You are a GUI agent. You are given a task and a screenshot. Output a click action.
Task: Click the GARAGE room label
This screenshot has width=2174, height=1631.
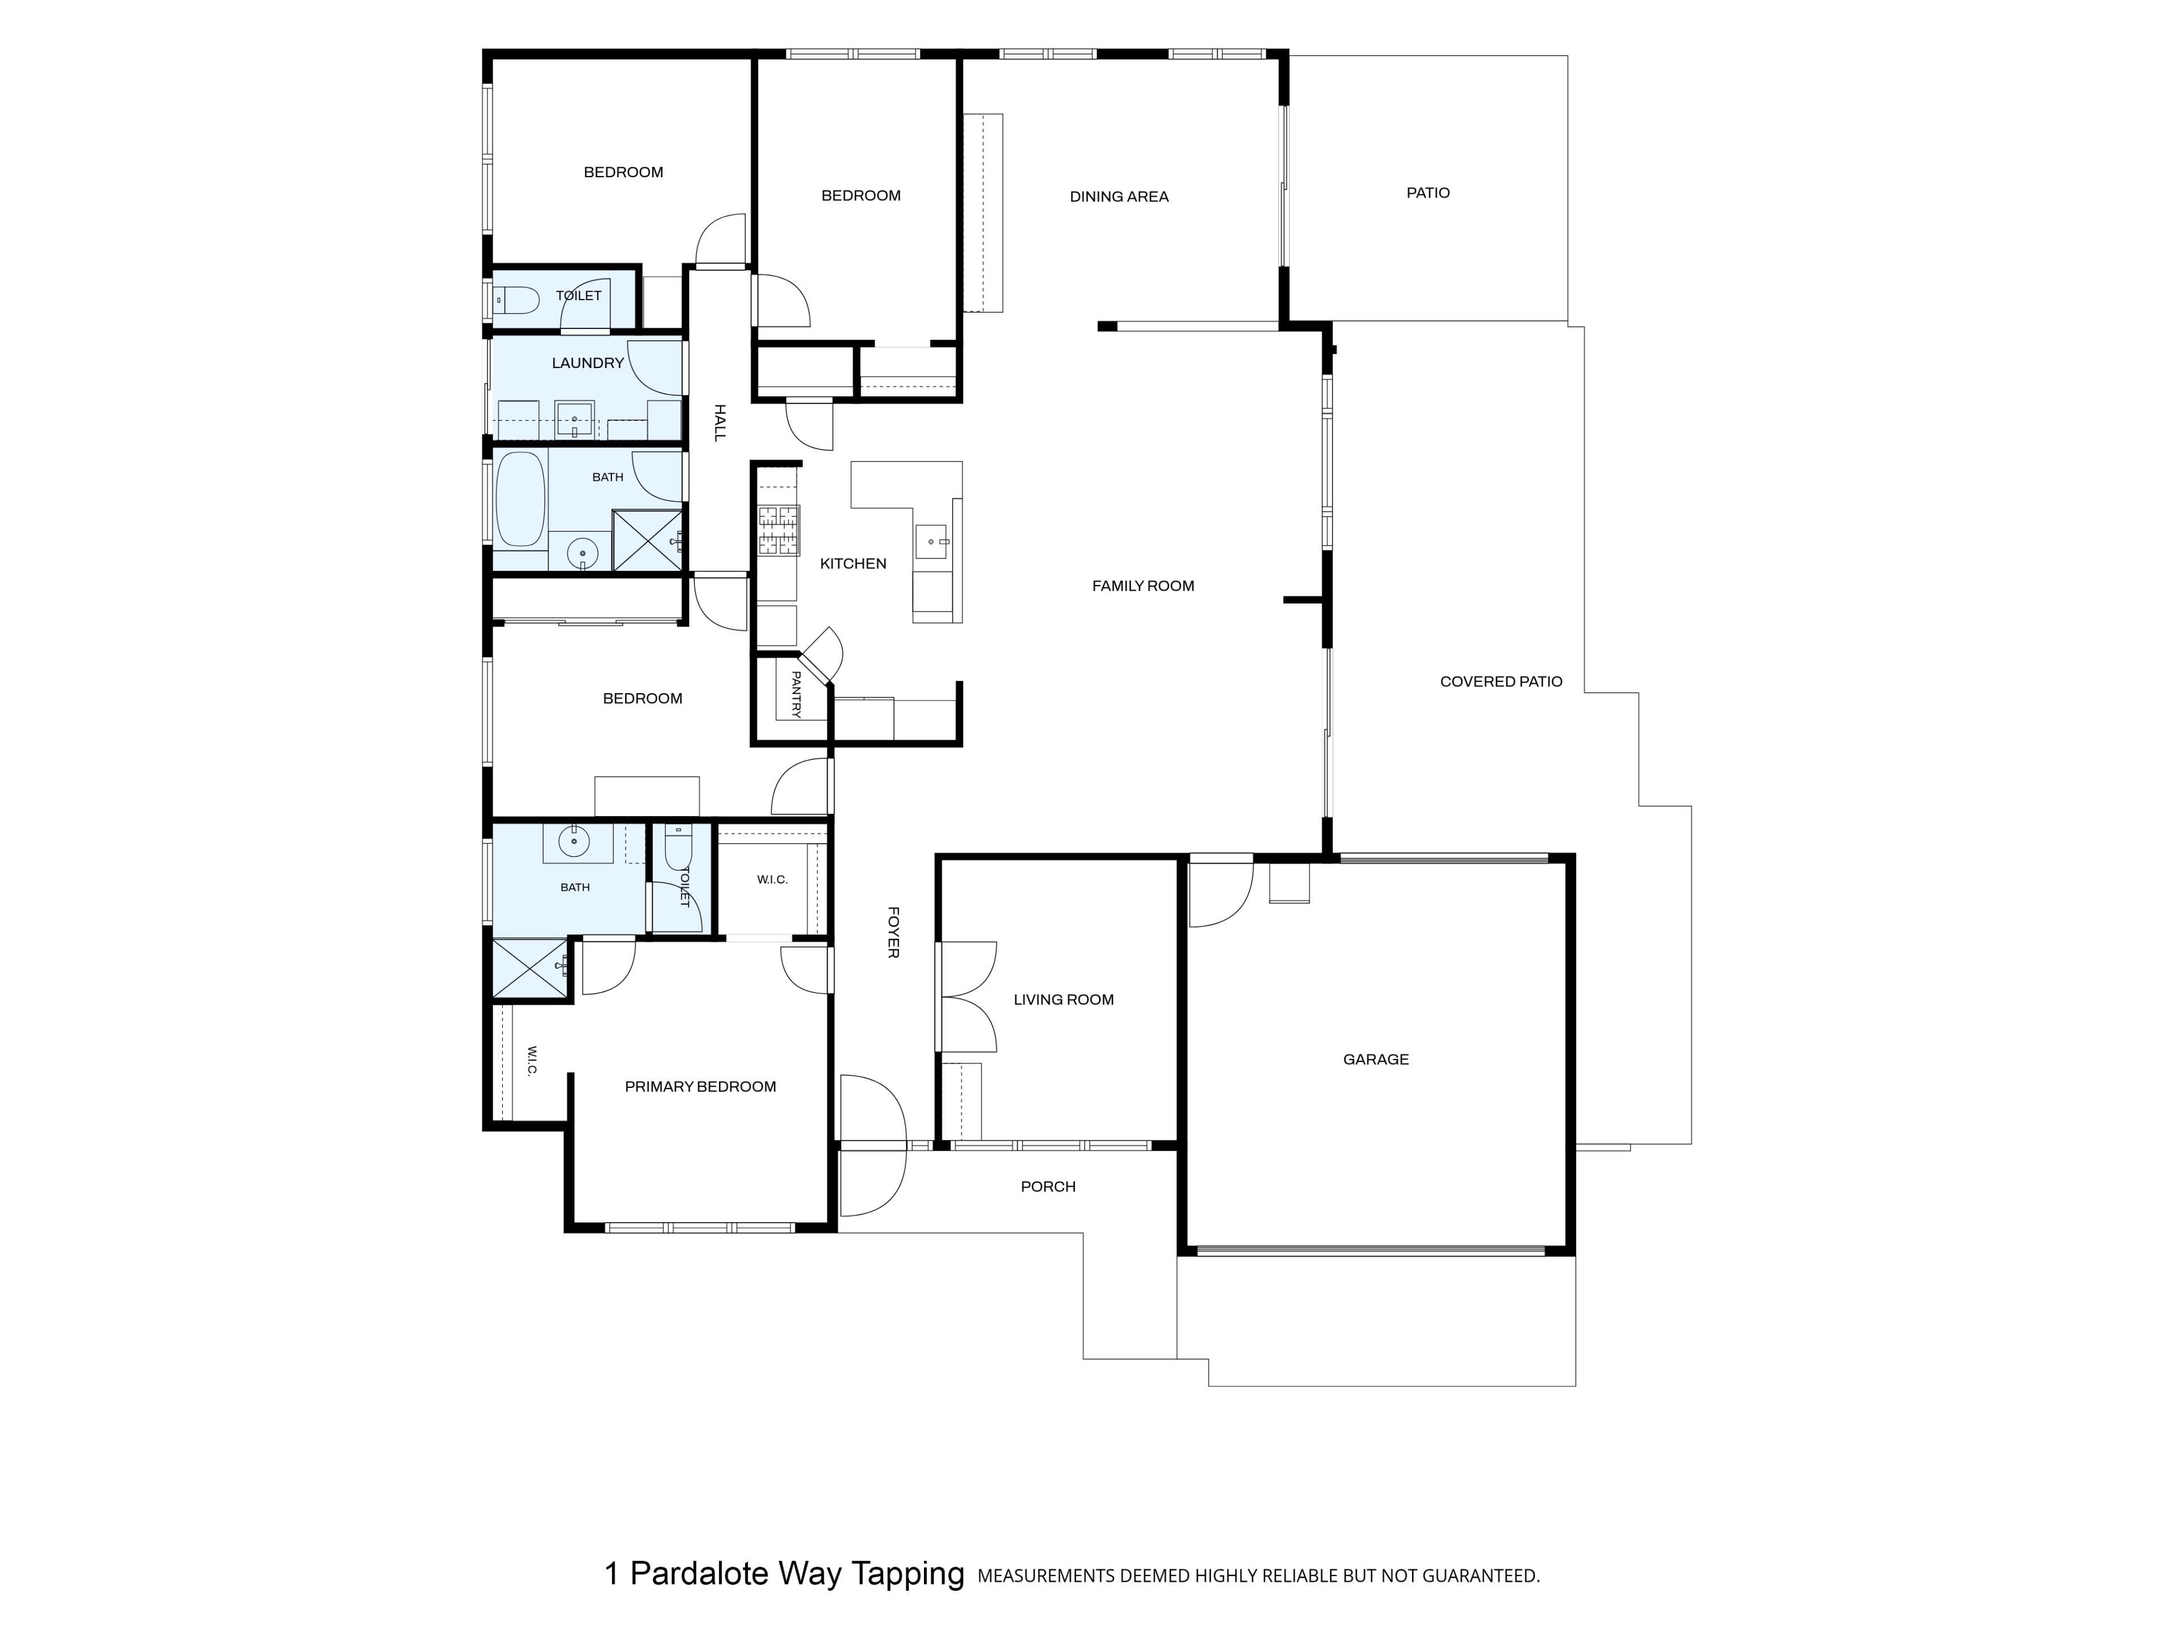click(1375, 1060)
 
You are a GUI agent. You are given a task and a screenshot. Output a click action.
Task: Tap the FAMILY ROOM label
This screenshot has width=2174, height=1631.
click(1143, 586)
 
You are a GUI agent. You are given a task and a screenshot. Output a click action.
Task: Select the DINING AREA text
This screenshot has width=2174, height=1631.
click(1119, 197)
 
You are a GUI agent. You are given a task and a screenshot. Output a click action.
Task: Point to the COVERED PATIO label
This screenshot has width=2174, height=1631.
click(1501, 681)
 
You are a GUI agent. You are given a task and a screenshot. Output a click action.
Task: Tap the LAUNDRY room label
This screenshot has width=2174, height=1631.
click(588, 363)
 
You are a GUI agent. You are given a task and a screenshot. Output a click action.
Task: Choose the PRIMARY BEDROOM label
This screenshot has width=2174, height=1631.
click(701, 1086)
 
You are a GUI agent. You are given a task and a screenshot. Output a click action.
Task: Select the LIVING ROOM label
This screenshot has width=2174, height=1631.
click(1063, 1000)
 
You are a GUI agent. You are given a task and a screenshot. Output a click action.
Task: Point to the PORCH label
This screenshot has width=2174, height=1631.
click(1048, 1186)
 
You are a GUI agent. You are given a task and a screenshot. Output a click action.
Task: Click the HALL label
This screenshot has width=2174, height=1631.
click(720, 422)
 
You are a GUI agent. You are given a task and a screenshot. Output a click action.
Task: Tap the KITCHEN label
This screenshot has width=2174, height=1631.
click(853, 563)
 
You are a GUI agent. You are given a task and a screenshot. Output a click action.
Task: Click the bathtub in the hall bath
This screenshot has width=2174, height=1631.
click(520, 498)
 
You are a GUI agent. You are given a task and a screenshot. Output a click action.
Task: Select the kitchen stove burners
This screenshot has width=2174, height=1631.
click(778, 531)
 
